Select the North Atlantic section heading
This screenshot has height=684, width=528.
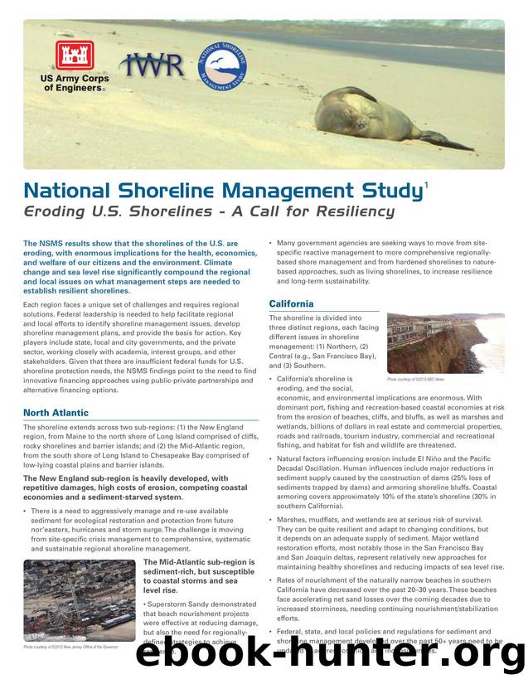coord(56,413)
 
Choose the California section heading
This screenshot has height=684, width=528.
coord(291,304)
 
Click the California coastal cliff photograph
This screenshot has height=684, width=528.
coord(445,343)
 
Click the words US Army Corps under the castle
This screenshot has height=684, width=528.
coord(75,79)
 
